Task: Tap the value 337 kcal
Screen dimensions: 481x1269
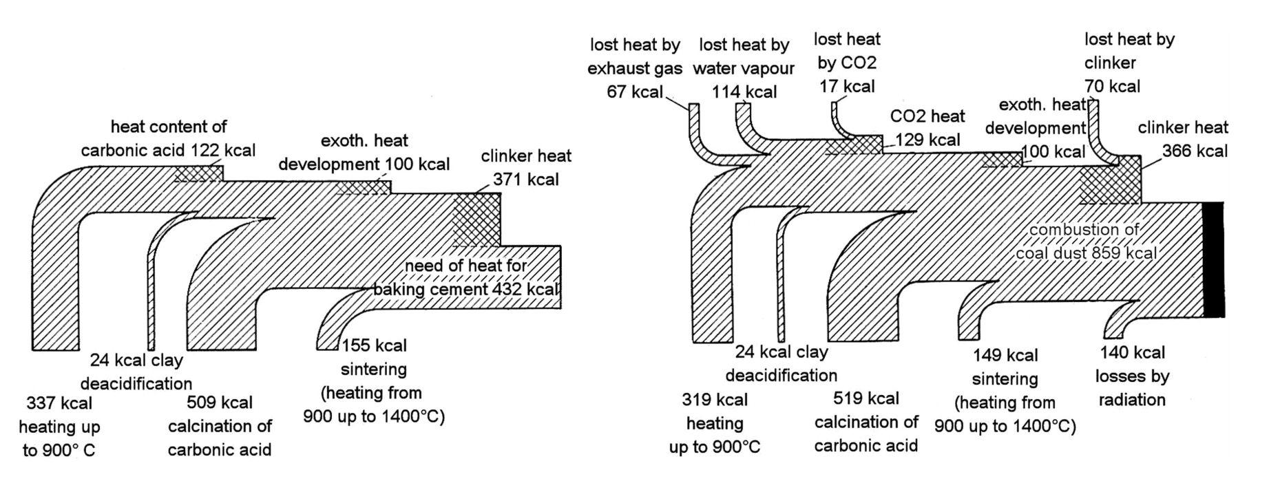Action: [x=59, y=403]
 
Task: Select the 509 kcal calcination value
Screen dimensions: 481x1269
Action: [x=220, y=403]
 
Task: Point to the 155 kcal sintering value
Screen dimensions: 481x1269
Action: [x=374, y=345]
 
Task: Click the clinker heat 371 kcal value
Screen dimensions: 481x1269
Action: [x=525, y=180]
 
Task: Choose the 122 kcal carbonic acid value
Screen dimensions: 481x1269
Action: [x=222, y=151]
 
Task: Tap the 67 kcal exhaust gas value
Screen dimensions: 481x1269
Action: [x=634, y=92]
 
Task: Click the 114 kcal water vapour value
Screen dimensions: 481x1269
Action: [x=744, y=92]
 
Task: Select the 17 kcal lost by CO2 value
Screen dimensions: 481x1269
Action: [x=847, y=87]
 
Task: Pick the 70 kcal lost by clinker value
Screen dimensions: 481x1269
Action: [x=1112, y=87]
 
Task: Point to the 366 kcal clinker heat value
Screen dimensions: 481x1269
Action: [x=1195, y=151]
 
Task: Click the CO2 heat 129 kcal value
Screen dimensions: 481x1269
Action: [x=927, y=140]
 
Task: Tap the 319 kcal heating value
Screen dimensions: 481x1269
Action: [x=715, y=400]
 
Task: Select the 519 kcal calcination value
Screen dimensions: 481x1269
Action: [x=866, y=398]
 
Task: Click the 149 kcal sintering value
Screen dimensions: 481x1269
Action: [x=1005, y=356]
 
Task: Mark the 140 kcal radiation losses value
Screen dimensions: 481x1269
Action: [x=1132, y=353]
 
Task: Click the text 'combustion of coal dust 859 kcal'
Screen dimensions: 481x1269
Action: [x=1086, y=242]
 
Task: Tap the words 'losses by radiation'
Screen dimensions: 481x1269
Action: [x=1132, y=388]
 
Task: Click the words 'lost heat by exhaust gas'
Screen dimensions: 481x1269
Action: [x=634, y=57]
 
